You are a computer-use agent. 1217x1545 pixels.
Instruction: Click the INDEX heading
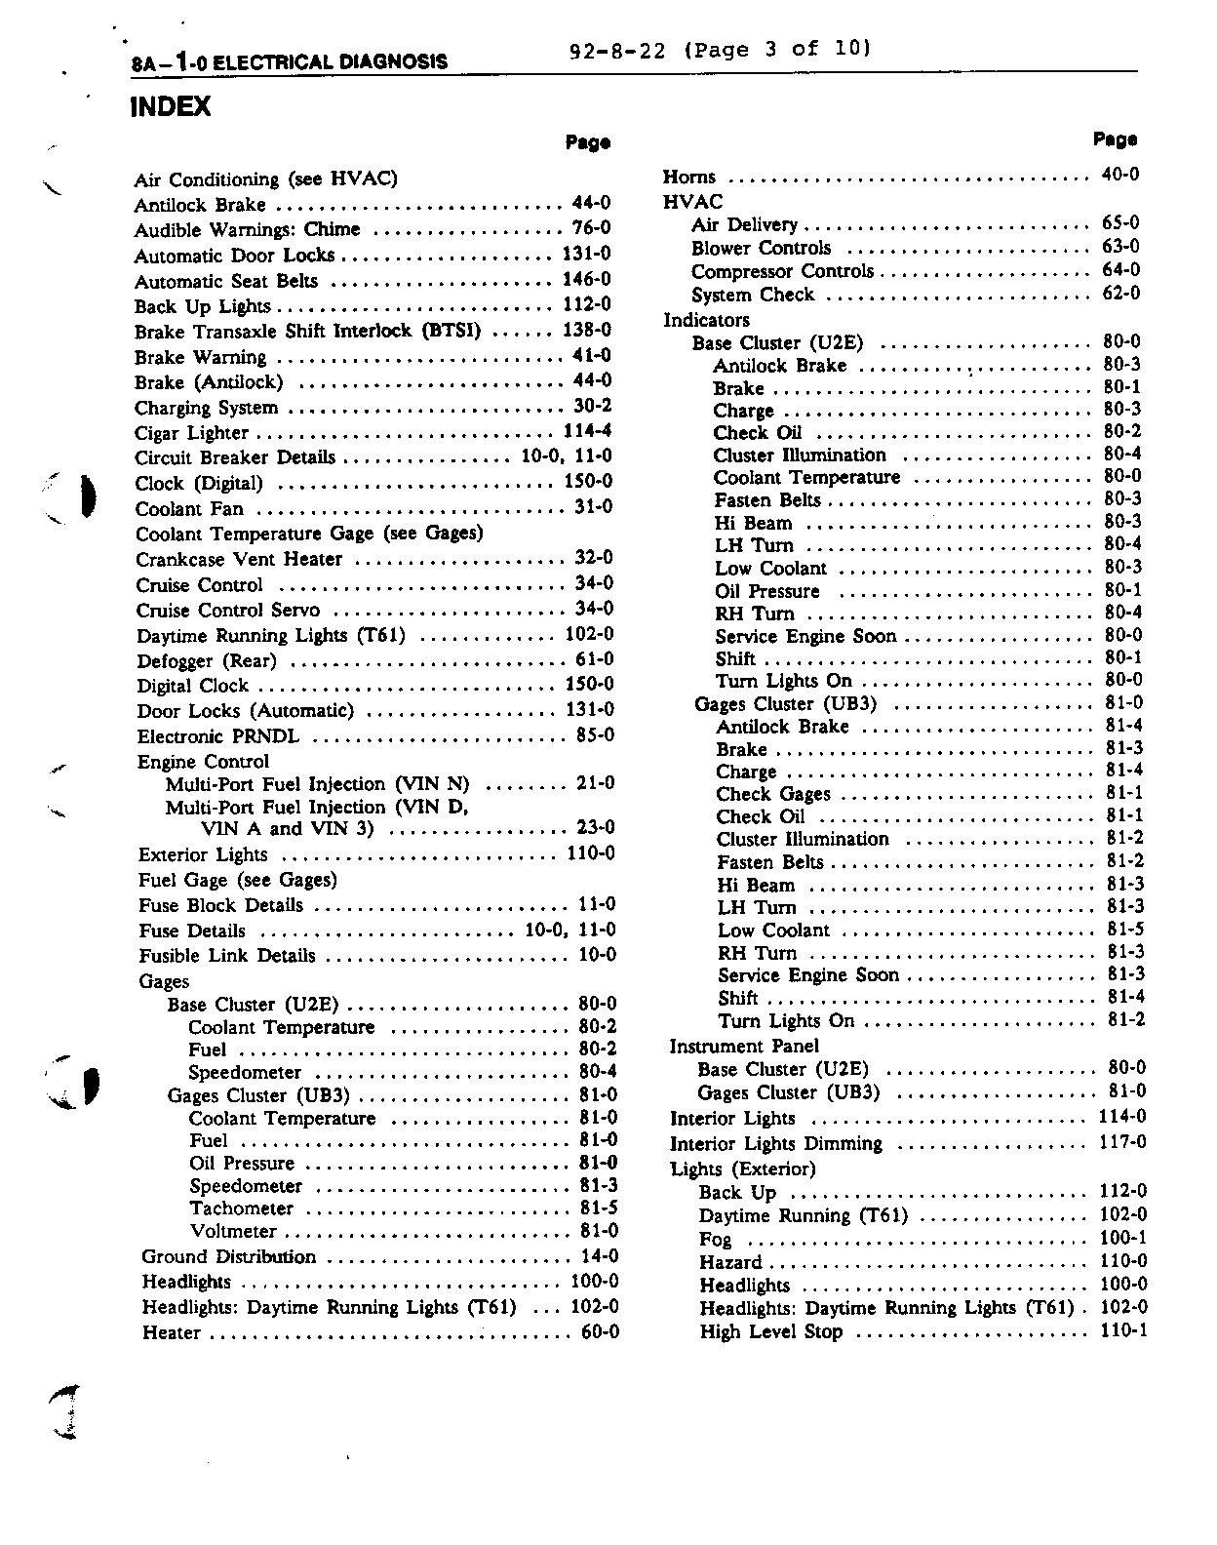[x=170, y=106]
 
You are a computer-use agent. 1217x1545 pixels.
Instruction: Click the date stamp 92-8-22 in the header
[x=616, y=50]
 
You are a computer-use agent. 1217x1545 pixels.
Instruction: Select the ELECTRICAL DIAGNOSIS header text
[x=330, y=62]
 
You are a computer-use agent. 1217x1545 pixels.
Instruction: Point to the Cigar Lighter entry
[x=191, y=433]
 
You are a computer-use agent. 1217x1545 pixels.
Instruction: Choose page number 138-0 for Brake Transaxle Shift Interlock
[x=587, y=330]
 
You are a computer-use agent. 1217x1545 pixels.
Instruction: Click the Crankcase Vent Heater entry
[x=239, y=560]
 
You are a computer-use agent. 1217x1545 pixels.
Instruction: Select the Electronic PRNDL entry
[x=218, y=736]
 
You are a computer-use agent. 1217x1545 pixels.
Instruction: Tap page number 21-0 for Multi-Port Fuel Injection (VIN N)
[x=595, y=782]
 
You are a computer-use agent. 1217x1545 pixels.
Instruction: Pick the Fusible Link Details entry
[x=227, y=956]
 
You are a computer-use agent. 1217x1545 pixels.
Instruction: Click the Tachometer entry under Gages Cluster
[x=242, y=1209]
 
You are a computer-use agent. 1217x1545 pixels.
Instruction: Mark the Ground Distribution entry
[x=229, y=1257]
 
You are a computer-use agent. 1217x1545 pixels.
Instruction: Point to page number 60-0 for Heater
[x=600, y=1332]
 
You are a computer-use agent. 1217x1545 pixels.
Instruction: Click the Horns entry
[x=689, y=178]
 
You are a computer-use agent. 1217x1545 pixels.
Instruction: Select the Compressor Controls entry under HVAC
[x=782, y=271]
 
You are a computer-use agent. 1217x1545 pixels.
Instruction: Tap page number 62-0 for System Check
[x=1120, y=293]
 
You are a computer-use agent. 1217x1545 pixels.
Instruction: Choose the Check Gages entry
[x=773, y=794]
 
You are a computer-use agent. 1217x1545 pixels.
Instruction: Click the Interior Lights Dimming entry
[x=776, y=1144]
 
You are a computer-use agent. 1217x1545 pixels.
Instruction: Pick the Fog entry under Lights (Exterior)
[x=715, y=1240]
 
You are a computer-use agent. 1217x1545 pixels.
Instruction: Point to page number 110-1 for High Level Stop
[x=1123, y=1330]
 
